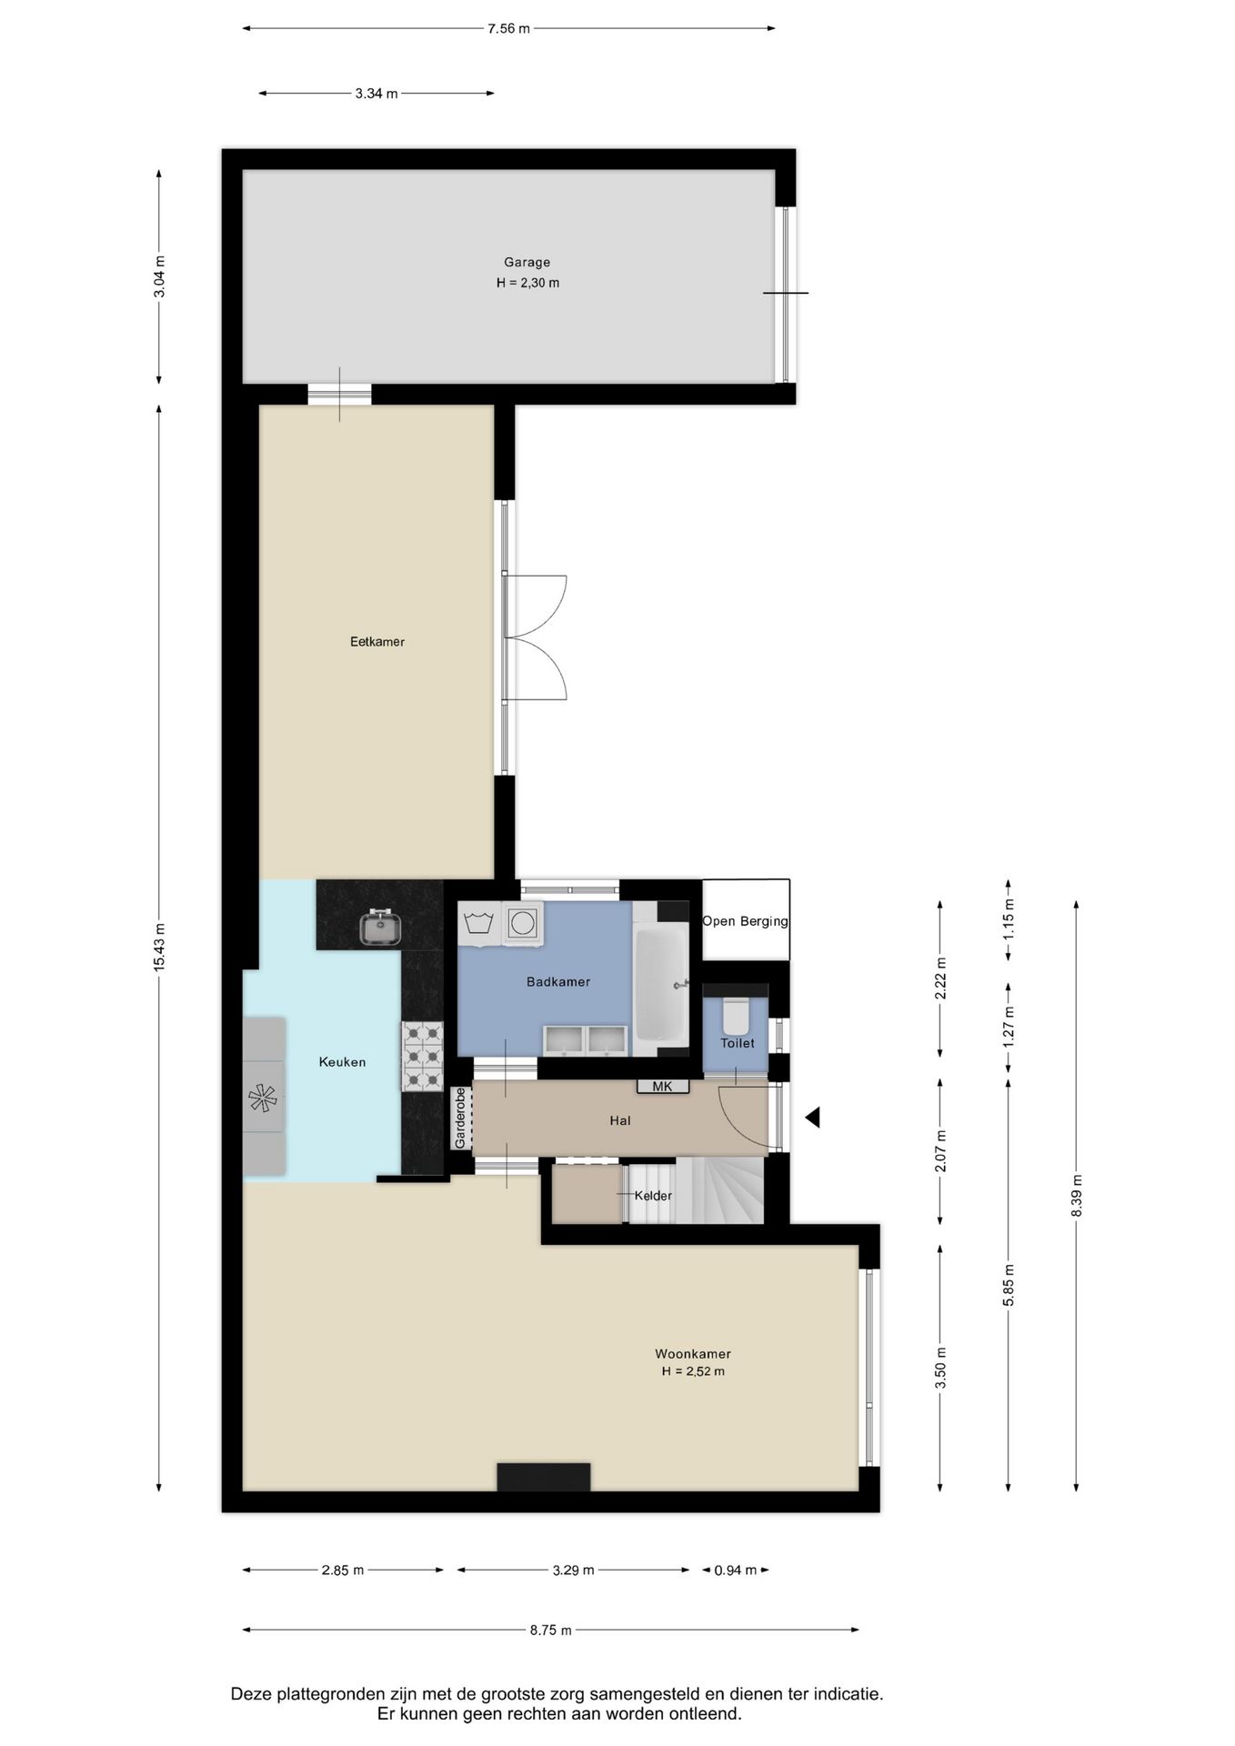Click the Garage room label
point(527,263)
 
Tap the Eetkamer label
point(377,642)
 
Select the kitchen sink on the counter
point(380,928)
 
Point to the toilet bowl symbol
point(736,1016)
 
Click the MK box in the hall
point(663,1087)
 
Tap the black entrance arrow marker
point(812,1118)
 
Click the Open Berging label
point(745,921)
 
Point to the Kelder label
point(653,1196)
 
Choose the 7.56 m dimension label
point(508,28)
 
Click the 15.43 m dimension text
point(159,948)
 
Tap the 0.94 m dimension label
point(736,1570)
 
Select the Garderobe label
point(460,1118)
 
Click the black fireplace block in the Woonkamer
point(544,1477)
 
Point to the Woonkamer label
point(693,1354)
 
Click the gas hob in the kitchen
point(423,1057)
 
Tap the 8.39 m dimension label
point(1077,1196)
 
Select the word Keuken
point(342,1062)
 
